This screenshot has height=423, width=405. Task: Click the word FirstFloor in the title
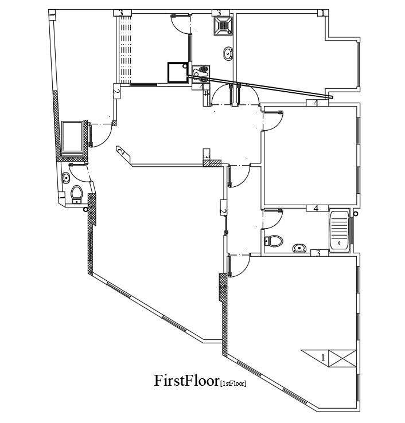[186, 381]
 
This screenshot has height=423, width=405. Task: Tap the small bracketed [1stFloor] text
[233, 383]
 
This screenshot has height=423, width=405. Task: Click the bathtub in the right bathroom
[339, 230]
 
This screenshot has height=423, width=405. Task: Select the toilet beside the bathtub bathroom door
[275, 241]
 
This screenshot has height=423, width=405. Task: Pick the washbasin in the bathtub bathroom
[299, 248]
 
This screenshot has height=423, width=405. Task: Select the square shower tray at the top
[223, 25]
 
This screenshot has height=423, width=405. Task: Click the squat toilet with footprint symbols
[201, 72]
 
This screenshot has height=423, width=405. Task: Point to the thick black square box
[177, 73]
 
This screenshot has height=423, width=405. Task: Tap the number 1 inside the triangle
[322, 357]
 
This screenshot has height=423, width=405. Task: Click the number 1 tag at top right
[323, 13]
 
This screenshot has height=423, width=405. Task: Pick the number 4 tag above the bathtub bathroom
[316, 208]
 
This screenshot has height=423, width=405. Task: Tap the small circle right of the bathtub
[356, 214]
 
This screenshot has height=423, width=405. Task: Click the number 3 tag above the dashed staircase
[121, 13]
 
